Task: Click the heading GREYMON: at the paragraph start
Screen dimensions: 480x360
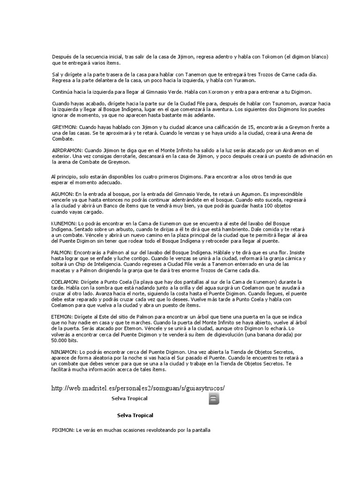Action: [x=65, y=127]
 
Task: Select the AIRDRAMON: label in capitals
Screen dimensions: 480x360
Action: [x=67, y=150]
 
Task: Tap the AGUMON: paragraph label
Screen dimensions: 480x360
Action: [x=62, y=194]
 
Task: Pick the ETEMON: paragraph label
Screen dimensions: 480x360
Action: [x=62, y=317]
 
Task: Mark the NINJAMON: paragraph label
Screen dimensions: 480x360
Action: [x=65, y=352]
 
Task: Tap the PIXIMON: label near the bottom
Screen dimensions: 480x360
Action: [x=63, y=430]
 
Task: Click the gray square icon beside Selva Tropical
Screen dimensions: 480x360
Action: [x=214, y=399]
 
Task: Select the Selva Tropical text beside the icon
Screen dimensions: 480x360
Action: [x=129, y=398]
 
